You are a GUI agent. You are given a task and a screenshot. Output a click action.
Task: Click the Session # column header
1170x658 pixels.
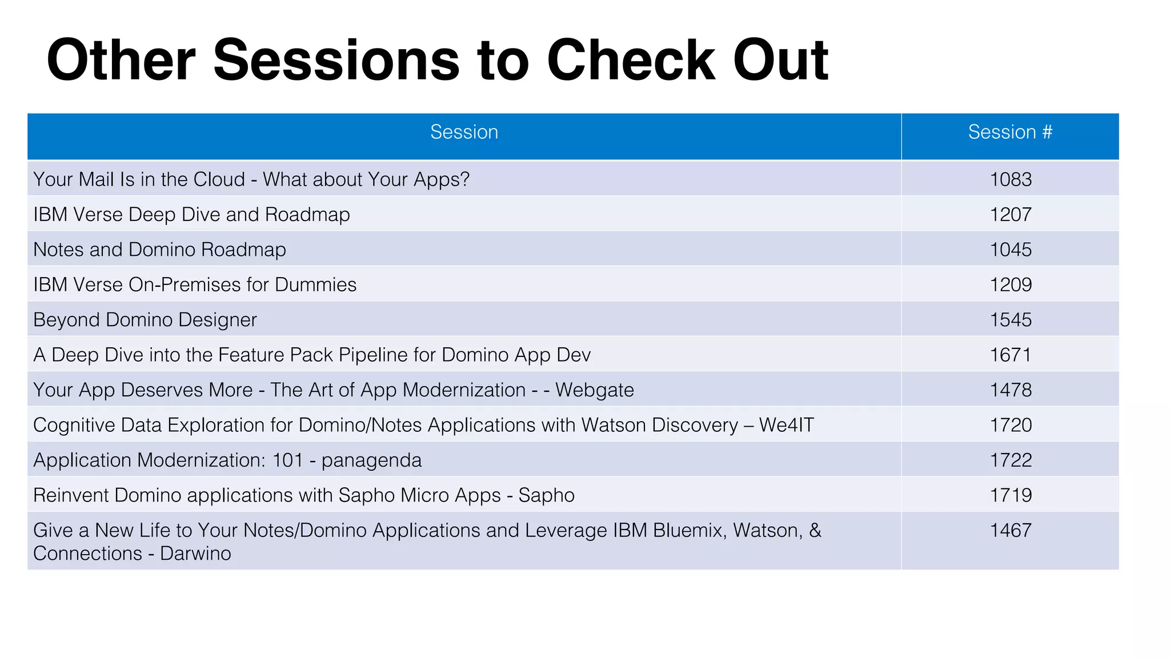pos(1009,132)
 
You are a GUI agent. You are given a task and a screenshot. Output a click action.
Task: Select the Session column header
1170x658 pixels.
pos(464,132)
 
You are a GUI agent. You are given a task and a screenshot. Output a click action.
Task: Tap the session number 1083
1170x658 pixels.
pos(1010,179)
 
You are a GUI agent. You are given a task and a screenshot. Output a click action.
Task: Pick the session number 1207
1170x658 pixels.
pos(1010,215)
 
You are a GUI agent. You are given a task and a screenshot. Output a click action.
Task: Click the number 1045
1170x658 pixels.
pos(1010,250)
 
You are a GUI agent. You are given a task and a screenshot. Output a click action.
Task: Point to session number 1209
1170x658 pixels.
pos(1010,284)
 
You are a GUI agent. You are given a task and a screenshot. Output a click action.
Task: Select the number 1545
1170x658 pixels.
pos(1010,320)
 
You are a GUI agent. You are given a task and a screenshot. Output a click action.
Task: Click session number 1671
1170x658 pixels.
pos(1010,355)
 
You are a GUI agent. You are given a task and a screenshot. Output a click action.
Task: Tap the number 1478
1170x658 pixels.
pos(1010,390)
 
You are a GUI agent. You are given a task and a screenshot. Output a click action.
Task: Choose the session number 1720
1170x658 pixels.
pos(1010,425)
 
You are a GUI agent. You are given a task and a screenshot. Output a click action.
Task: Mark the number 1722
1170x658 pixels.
pos(1010,460)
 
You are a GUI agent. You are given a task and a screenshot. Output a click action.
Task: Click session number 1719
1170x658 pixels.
pos(1010,495)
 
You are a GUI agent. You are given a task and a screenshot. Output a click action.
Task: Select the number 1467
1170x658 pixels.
pos(1010,530)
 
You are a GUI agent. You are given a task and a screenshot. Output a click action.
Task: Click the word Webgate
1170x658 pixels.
pos(594,390)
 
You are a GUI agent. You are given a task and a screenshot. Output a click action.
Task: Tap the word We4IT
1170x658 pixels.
pos(786,425)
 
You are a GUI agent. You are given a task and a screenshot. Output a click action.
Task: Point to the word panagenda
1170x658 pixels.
pos(371,460)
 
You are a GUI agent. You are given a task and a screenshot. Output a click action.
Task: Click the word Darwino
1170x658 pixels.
pos(195,553)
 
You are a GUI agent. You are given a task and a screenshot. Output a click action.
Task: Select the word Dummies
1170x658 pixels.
pos(315,284)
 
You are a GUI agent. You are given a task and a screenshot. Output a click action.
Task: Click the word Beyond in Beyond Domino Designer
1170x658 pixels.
pos(67,320)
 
